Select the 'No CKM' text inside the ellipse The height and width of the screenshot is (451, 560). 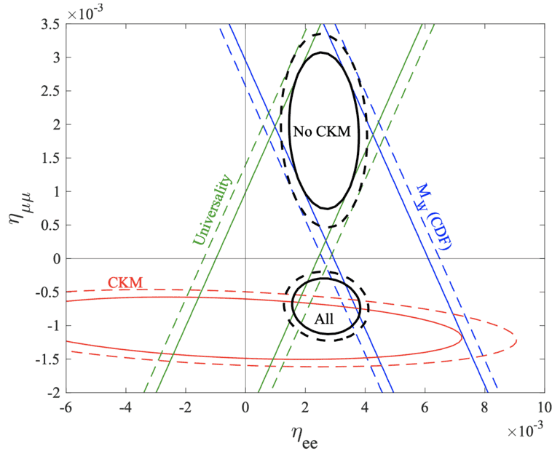tap(321, 132)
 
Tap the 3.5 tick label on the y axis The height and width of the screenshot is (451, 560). tap(50, 24)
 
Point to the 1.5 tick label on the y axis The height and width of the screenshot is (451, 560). tap(50, 158)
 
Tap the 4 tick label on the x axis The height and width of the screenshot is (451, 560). tap(365, 407)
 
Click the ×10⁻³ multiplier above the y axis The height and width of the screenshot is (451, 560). tap(83, 11)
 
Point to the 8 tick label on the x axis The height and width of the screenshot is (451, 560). tap(484, 407)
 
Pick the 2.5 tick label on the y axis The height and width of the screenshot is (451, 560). tap(50, 91)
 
